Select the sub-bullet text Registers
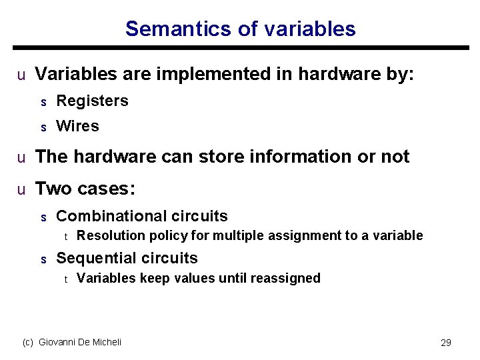click(x=92, y=101)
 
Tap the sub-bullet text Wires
click(x=77, y=126)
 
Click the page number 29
click(x=446, y=343)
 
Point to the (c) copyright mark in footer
click(x=28, y=342)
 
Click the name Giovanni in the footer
click(x=58, y=342)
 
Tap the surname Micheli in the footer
click(x=107, y=342)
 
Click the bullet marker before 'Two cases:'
click(x=21, y=189)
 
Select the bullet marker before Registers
click(x=43, y=102)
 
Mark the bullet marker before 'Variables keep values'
click(x=65, y=279)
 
